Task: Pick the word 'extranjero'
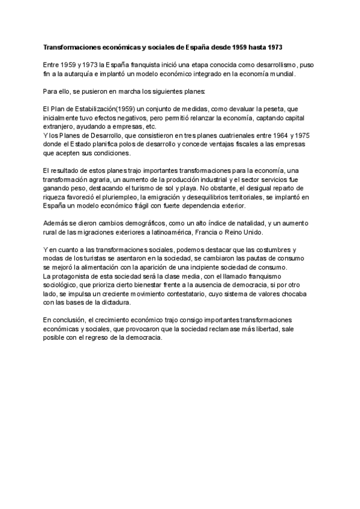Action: [x=60, y=127]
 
